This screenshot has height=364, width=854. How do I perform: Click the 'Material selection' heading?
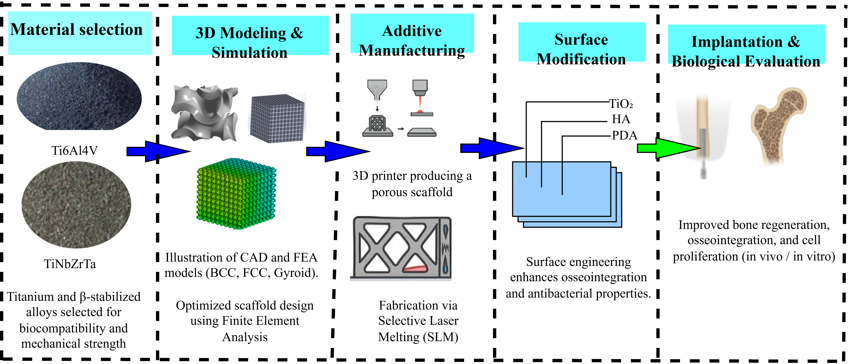pyautogui.click(x=77, y=30)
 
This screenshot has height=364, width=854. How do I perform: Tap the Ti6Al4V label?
pyautogui.click(x=75, y=151)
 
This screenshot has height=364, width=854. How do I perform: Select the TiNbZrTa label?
pyautogui.click(x=70, y=264)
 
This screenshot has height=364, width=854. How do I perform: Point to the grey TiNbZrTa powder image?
pyautogui.click(x=76, y=205)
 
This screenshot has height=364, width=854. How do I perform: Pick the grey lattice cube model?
pyautogui.click(x=277, y=119)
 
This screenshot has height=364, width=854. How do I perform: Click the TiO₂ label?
pyautogui.click(x=621, y=104)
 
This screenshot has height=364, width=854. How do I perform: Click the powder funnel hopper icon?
pyautogui.click(x=377, y=89)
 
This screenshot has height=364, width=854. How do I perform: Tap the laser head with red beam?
pyautogui.click(x=420, y=96)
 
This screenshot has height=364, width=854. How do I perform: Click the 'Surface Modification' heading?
pyautogui.click(x=582, y=49)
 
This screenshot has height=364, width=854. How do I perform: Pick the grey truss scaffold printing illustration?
pyautogui.click(x=401, y=248)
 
